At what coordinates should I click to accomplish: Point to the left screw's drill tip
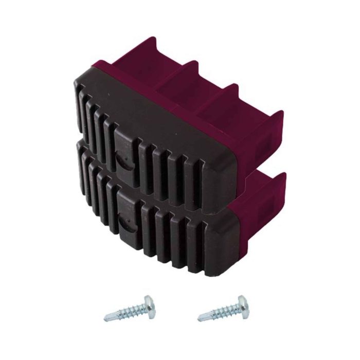click(x=105, y=318)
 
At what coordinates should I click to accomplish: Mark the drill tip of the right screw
click(x=199, y=318)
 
